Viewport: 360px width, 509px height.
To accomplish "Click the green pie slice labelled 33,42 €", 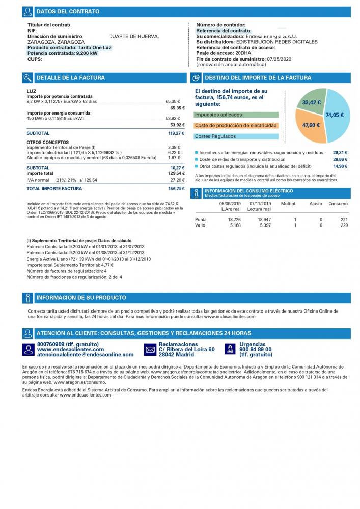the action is (x=311, y=101).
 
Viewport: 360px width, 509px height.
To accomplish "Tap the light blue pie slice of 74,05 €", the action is (x=338, y=115).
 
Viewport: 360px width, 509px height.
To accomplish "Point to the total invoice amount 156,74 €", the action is (x=176, y=189).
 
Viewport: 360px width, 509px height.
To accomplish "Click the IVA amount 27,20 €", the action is (x=178, y=180).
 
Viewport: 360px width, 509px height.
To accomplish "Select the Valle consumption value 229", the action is (x=344, y=225).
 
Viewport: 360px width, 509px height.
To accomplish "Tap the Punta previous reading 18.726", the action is (x=234, y=220).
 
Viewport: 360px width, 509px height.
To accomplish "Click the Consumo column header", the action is (x=338, y=204).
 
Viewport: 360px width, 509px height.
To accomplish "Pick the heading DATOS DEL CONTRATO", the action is (x=68, y=11).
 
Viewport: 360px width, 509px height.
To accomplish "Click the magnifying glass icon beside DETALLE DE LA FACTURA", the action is (x=27, y=78).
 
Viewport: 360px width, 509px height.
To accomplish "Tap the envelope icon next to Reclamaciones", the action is (x=150, y=350).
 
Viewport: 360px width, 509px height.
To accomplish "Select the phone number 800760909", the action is (x=50, y=344).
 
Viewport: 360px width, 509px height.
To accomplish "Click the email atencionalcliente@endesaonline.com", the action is (x=86, y=355).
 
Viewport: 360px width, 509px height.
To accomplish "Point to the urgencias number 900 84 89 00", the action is (x=256, y=350).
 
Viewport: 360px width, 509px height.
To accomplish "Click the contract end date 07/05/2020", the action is (x=279, y=59).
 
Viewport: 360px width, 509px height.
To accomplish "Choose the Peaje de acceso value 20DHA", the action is (x=243, y=53).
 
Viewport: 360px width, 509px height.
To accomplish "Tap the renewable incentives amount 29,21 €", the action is (x=340, y=153).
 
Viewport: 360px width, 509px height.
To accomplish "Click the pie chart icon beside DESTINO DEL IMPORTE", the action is (x=196, y=78).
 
